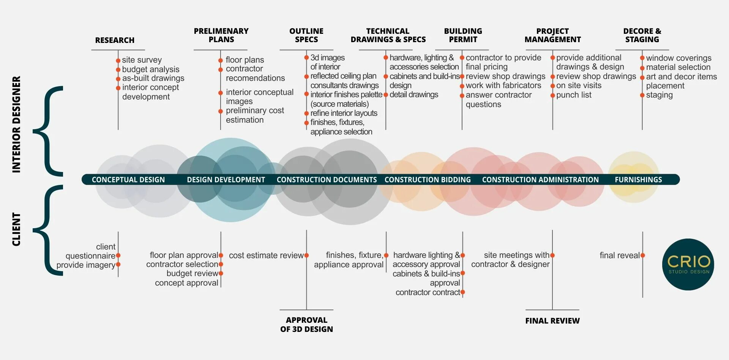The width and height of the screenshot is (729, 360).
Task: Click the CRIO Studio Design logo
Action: [688, 264]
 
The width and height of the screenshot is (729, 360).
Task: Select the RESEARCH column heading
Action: [115, 40]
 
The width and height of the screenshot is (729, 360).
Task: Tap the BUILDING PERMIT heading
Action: [463, 35]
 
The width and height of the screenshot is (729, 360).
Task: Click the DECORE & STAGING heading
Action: [642, 35]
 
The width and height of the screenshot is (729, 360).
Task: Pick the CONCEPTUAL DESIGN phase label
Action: [128, 180]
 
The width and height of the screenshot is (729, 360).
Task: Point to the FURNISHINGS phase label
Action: [638, 180]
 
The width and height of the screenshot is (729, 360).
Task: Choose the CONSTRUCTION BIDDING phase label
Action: [428, 180]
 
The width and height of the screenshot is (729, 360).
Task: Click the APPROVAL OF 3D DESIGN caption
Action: [306, 325]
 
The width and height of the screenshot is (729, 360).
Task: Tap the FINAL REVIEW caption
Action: [552, 321]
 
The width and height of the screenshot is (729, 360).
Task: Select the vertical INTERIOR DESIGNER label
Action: [16, 125]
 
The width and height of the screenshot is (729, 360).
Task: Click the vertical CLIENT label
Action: [16, 229]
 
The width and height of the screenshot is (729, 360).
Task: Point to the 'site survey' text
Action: [142, 60]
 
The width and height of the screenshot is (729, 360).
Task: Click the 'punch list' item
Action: [574, 95]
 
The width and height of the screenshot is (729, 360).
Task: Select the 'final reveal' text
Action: [620, 256]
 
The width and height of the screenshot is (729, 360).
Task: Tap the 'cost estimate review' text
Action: [266, 256]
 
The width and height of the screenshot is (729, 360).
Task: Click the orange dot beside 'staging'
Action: [642, 95]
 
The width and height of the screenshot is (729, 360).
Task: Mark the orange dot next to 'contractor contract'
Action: [462, 292]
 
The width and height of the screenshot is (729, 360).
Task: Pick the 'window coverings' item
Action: [679, 58]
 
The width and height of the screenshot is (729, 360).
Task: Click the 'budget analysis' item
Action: [151, 69]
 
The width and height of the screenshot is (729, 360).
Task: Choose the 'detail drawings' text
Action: [414, 95]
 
